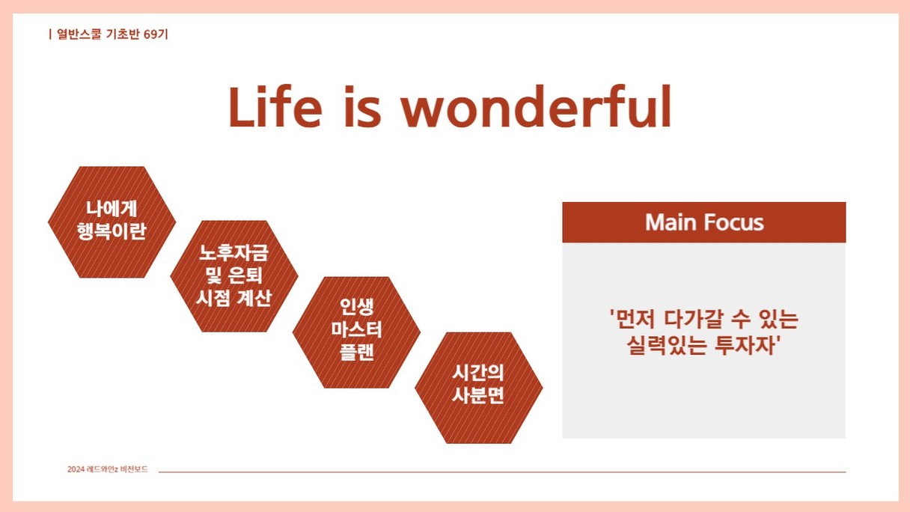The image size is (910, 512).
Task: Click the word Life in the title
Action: (275, 107)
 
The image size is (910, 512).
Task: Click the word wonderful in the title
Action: (536, 107)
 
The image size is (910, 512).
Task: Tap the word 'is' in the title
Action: (362, 107)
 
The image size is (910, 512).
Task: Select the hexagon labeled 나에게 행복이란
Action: (112, 222)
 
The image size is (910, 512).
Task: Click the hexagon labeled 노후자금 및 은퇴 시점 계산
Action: (234, 276)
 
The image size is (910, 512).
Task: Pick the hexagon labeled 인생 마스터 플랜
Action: (356, 332)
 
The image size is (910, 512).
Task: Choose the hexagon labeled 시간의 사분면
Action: (478, 388)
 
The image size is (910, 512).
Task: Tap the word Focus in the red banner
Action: (734, 222)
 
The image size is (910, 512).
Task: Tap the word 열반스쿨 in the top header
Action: (79, 34)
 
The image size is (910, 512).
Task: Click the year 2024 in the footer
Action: (76, 469)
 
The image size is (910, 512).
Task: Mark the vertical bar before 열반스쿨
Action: (50, 34)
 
